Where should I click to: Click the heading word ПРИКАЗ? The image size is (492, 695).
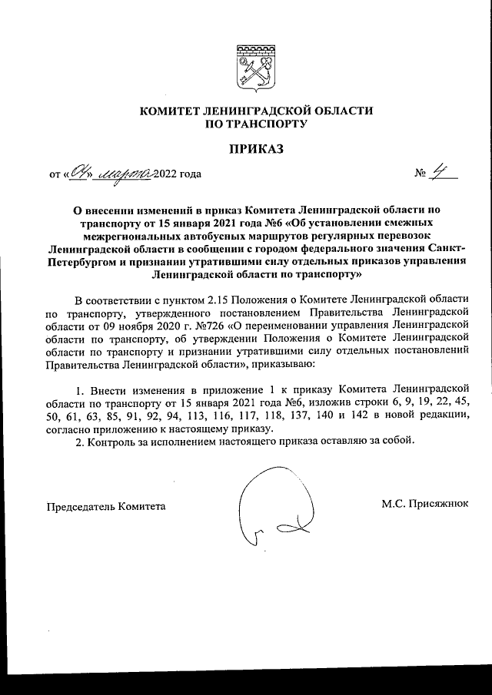pyautogui.click(x=255, y=148)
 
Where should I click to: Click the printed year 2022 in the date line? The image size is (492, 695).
pyautogui.click(x=165, y=174)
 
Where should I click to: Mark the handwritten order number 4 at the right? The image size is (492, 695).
pyautogui.click(x=440, y=173)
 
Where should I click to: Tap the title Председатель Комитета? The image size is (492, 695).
pyautogui.click(x=106, y=506)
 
